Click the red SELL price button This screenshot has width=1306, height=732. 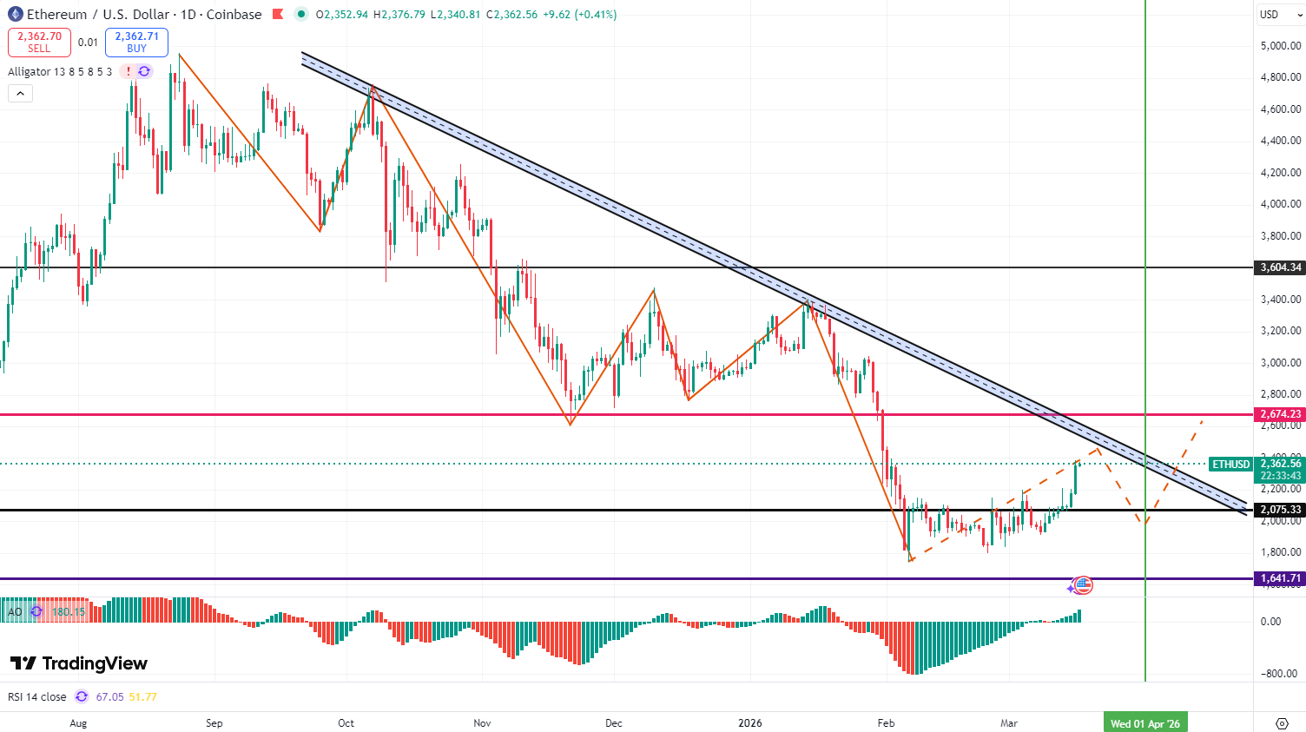[39, 42]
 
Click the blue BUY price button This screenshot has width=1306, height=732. [136, 42]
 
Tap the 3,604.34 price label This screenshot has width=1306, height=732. [1280, 267]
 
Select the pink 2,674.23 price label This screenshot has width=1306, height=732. [1280, 414]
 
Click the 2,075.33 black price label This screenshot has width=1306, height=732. [1280, 510]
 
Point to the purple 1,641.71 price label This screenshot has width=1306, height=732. [1280, 578]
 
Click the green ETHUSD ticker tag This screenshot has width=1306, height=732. [1230, 465]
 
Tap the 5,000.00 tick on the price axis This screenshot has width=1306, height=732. [1280, 45]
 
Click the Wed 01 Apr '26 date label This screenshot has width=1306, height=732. [1145, 723]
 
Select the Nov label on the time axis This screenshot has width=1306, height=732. [483, 723]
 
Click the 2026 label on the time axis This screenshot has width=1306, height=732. [749, 723]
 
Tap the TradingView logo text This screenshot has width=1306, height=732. [79, 663]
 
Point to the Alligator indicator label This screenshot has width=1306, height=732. [60, 72]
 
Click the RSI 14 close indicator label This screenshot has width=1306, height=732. [37, 696]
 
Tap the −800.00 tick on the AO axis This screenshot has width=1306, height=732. [1280, 673]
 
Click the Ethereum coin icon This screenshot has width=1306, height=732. [15, 14]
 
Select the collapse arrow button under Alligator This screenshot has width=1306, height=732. [20, 93]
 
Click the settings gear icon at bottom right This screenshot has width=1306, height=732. [1282, 723]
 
